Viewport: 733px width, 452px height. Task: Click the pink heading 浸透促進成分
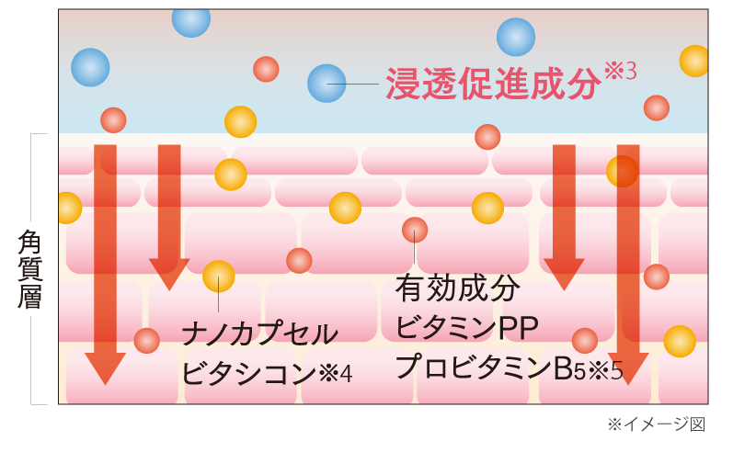pyautogui.click(x=491, y=84)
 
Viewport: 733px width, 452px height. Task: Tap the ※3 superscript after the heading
pyautogui.click(x=620, y=72)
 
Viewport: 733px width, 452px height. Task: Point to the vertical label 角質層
pyautogui.click(x=31, y=269)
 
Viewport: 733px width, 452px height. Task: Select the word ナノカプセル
pyautogui.click(x=260, y=333)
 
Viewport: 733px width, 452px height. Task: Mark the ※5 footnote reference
pyautogui.click(x=607, y=370)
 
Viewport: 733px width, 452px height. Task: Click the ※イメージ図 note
pyautogui.click(x=655, y=424)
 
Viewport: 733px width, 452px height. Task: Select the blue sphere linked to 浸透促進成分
pyautogui.click(x=326, y=84)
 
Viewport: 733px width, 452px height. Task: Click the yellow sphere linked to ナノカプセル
pyautogui.click(x=219, y=277)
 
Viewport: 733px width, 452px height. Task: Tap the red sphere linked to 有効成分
pyautogui.click(x=415, y=230)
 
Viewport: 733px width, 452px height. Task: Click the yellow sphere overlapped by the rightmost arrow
pyautogui.click(x=623, y=171)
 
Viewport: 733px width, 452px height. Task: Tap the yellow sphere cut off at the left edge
pyautogui.click(x=67, y=208)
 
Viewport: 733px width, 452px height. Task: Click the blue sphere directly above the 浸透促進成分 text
pyautogui.click(x=516, y=38)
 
